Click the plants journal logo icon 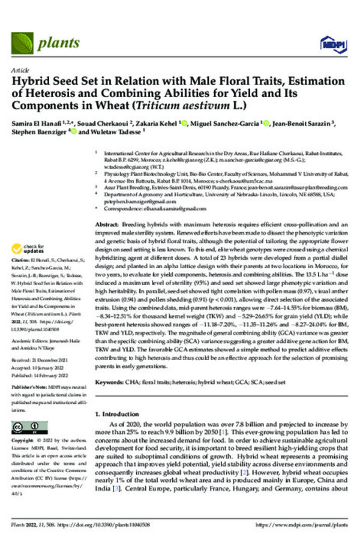(23, 43)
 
